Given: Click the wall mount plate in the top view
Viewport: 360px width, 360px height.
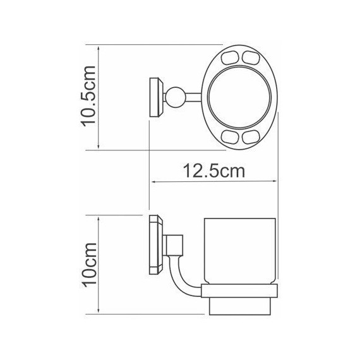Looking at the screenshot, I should [x=154, y=98].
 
